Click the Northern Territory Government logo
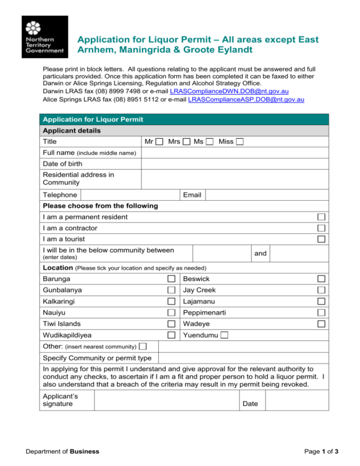click(45, 37)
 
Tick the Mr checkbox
click(160, 142)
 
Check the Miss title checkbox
click(240, 142)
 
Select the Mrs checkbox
click(186, 142)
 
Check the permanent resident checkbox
click(321, 217)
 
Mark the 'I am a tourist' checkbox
click(321, 239)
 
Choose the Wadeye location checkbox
click(321, 324)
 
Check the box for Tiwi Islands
click(172, 324)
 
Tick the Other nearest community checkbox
click(142, 346)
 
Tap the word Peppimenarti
click(205, 313)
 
